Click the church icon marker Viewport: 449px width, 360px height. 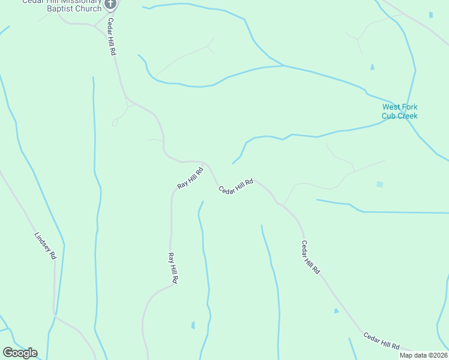coord(110,4)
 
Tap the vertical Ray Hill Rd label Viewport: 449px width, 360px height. coord(172,268)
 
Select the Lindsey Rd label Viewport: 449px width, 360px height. coord(46,246)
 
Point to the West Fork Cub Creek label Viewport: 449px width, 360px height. coord(399,112)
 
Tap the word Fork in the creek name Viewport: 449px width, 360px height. coord(410,107)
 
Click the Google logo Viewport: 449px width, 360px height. coord(20,353)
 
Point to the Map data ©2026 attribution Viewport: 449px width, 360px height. coord(423,355)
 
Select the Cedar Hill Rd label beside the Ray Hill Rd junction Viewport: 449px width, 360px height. coord(235,187)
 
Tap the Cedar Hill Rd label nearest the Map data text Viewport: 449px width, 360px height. coord(381,341)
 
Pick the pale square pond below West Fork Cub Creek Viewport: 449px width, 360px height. coord(379,184)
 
